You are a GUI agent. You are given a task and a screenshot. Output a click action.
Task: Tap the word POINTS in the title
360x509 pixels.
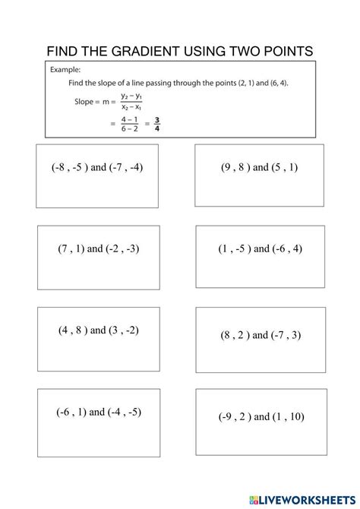pyautogui.click(x=283, y=51)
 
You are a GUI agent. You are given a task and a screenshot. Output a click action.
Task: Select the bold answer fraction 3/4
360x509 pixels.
pyautogui.click(x=156, y=122)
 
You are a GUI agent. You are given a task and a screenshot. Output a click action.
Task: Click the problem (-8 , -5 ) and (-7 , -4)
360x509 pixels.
pyautogui.click(x=99, y=167)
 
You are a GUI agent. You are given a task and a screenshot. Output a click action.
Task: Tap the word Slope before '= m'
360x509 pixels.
pyautogui.click(x=86, y=100)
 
